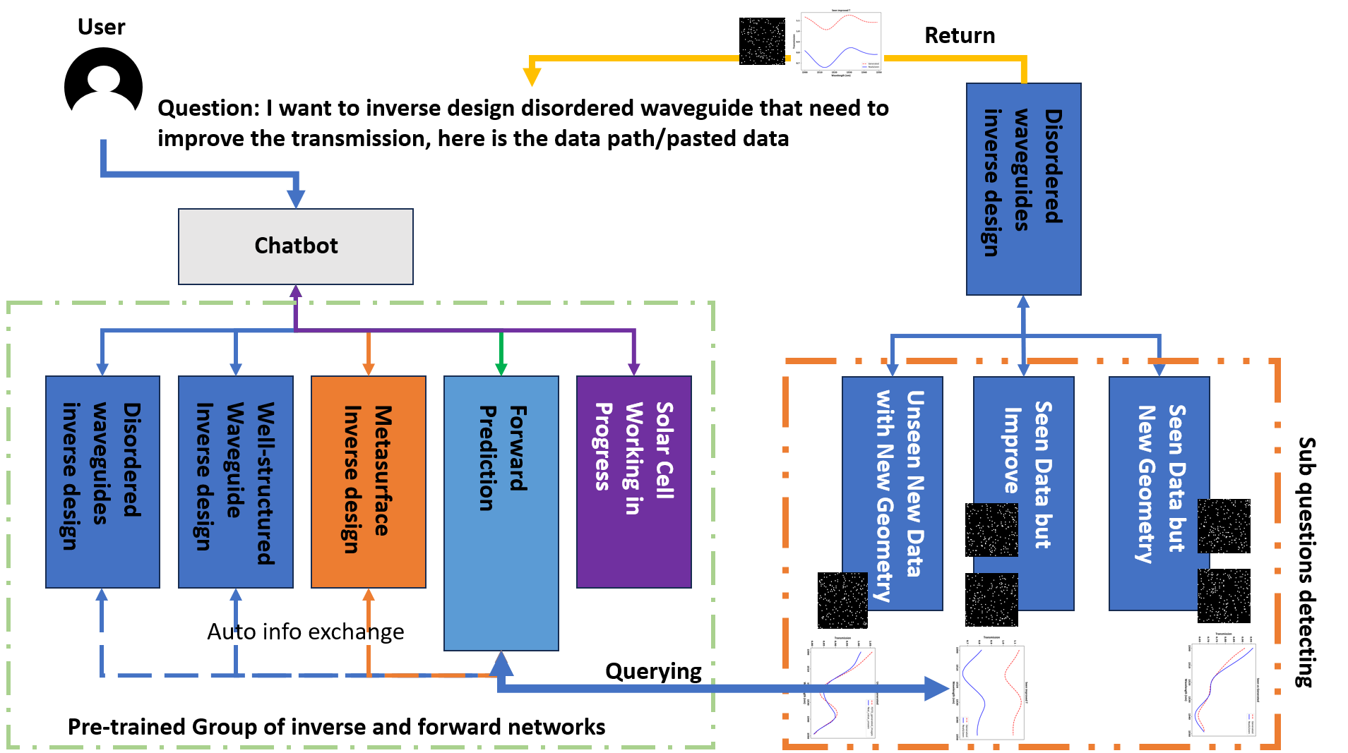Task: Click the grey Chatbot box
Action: (295, 246)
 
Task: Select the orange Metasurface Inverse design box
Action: (368, 481)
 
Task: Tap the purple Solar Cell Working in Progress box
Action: (633, 481)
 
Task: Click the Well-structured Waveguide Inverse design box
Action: (235, 481)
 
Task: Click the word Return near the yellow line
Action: (959, 35)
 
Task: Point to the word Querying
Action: (653, 671)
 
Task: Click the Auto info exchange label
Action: (305, 632)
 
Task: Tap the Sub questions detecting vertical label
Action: (1306, 561)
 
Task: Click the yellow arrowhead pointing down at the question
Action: (532, 76)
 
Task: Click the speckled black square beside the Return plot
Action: (762, 41)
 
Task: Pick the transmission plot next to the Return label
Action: (840, 42)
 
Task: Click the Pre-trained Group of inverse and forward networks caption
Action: (336, 727)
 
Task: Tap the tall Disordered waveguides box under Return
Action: (1023, 188)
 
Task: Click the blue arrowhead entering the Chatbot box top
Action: (296, 198)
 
